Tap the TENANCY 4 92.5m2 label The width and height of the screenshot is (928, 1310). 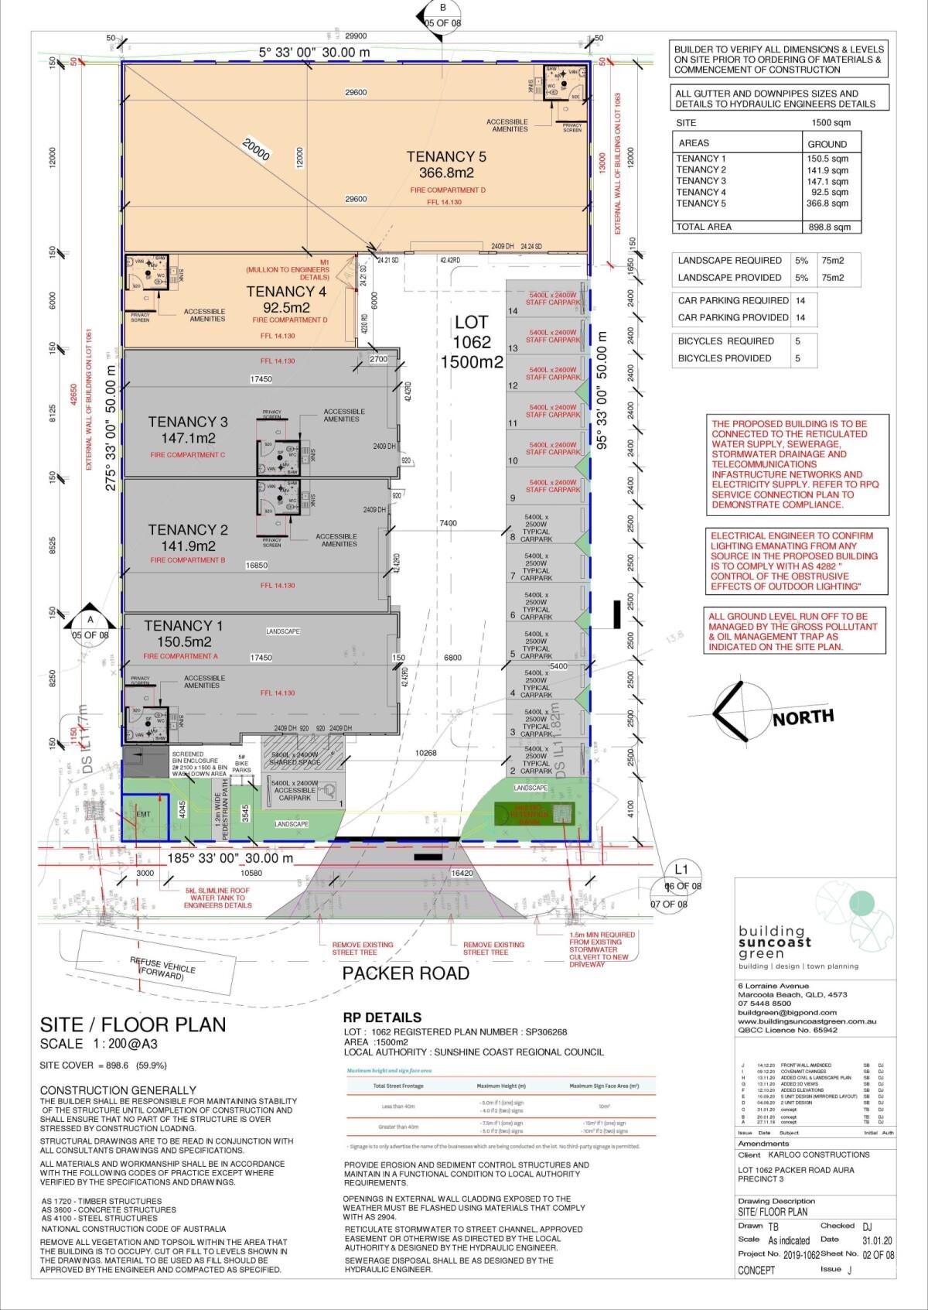(x=286, y=299)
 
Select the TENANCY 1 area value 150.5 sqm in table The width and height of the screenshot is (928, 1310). (x=828, y=159)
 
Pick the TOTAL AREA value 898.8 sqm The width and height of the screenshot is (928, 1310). (x=828, y=227)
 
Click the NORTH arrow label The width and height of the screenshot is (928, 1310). (x=803, y=717)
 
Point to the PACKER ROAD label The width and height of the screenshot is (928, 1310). (x=406, y=973)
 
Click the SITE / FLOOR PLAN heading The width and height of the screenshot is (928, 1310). (x=133, y=1025)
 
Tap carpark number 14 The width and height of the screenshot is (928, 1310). (x=512, y=311)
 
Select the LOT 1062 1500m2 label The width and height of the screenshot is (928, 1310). (x=472, y=341)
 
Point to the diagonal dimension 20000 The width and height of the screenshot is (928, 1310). (x=256, y=150)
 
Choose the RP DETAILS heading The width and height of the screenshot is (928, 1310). (x=382, y=1018)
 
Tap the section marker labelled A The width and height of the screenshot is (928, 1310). (x=90, y=620)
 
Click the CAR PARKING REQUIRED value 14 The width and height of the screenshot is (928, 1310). (x=800, y=301)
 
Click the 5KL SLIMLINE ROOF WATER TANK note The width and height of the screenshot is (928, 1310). (x=218, y=898)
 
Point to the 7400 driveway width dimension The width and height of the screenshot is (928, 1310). (x=448, y=523)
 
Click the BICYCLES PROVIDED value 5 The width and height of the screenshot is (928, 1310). (x=797, y=358)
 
